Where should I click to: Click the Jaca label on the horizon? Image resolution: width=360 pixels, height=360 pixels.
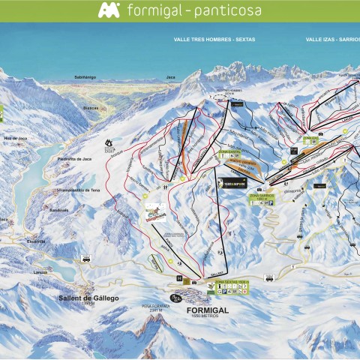(170, 76)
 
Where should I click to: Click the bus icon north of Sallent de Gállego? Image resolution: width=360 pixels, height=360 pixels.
(86, 259)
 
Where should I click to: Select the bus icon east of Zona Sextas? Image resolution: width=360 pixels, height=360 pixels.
(269, 277)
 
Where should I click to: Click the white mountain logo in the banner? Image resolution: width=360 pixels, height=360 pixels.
(109, 10)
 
